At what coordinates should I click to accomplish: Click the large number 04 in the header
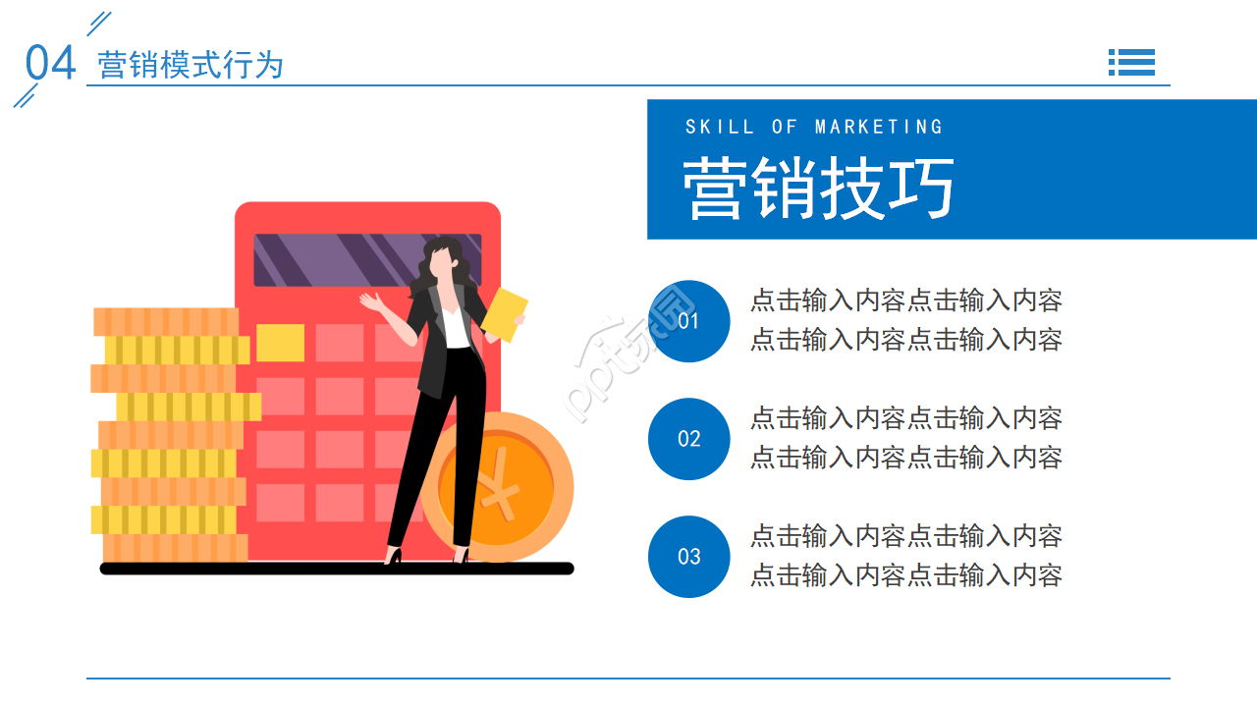[50, 64]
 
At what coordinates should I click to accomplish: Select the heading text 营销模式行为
[191, 66]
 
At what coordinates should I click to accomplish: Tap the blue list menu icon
[1131, 62]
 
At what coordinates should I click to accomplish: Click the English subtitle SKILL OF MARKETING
[814, 127]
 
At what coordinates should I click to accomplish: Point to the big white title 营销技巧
[818, 188]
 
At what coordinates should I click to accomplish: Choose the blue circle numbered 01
[689, 321]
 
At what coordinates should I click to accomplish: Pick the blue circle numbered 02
[689, 439]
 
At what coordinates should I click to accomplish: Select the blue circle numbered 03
[689, 557]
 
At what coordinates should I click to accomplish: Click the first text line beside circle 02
[905, 419]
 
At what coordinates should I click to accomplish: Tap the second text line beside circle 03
[905, 575]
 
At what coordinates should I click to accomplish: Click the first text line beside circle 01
[905, 301]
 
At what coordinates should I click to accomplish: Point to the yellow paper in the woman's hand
[505, 314]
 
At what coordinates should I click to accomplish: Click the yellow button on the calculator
[280, 343]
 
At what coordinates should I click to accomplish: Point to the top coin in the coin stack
[166, 321]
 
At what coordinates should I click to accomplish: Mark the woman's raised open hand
[369, 300]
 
